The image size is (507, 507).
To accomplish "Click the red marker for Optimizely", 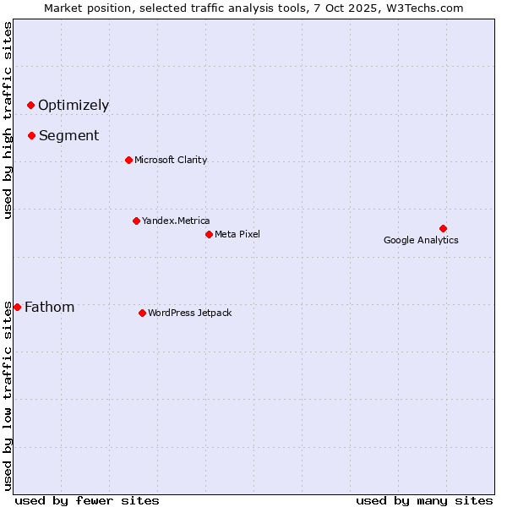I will (30, 105).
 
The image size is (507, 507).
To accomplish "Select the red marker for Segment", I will (31, 135).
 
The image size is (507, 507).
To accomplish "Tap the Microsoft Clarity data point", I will (128, 160).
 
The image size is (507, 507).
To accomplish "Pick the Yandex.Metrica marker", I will (136, 221).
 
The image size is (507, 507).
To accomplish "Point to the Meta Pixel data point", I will (209, 234).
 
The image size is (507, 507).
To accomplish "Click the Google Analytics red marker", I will (443, 228).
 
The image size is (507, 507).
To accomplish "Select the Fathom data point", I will (17, 307).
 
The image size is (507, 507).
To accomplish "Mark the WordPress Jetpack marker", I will (142, 313).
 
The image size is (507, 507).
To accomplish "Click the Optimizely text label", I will (74, 106).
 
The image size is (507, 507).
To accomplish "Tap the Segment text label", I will (68, 136).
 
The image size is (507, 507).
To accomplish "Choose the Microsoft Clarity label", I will (171, 161).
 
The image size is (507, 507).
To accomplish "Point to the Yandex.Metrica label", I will (176, 221).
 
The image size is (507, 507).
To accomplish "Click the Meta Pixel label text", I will (237, 235).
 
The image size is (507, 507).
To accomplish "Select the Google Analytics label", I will (421, 241).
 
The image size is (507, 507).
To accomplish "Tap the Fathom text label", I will (49, 308).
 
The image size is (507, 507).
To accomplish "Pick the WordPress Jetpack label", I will (189, 313).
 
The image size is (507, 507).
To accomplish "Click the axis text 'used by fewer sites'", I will (87, 500).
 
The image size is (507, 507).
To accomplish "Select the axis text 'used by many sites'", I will (424, 500).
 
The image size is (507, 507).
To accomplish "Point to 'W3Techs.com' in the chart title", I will (425, 8).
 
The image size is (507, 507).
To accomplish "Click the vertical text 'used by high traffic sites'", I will (8, 120).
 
